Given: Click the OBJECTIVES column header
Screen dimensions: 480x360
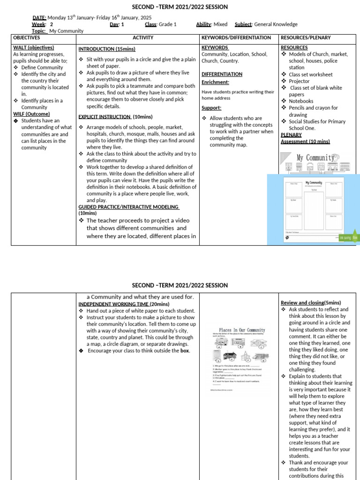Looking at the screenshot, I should pos(26,37).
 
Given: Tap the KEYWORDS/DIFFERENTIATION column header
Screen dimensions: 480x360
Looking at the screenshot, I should pos(236,37).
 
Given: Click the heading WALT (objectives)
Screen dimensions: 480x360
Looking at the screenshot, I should pos(33,47).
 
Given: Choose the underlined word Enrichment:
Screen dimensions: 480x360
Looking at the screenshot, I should pos(216,82).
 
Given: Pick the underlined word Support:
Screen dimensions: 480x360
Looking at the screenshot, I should pos(211,108).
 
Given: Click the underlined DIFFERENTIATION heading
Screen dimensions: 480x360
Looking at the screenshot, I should pos(222,74).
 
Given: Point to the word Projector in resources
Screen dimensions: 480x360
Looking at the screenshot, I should pos(299,81).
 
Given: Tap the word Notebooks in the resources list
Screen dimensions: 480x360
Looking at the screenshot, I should pos(301,101).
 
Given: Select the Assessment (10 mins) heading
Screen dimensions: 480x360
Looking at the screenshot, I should pos(305,142).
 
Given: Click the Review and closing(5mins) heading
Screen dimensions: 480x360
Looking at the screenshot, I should pos(311,303).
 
